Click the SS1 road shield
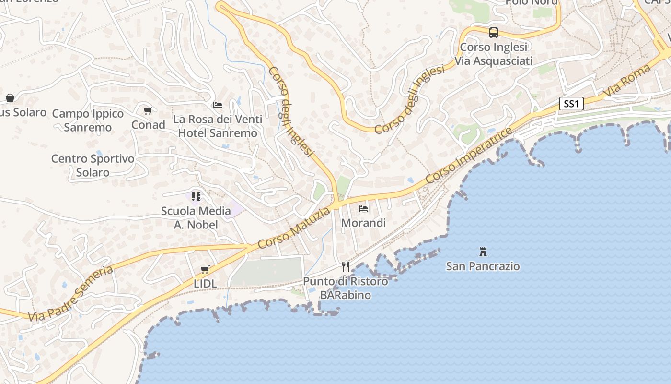click(x=571, y=104)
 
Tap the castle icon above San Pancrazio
click(x=483, y=252)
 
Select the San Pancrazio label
click(x=483, y=266)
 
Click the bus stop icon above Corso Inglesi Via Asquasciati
click(x=494, y=33)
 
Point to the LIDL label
click(x=205, y=284)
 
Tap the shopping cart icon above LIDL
click(x=205, y=270)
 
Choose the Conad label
click(x=149, y=125)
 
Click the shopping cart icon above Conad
click(x=148, y=111)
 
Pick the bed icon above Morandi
click(x=363, y=209)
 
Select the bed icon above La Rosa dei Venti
click(x=218, y=105)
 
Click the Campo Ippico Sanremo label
click(x=88, y=120)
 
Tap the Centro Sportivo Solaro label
click(x=93, y=165)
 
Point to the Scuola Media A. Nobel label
click(x=196, y=217)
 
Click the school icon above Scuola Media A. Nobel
click(x=196, y=196)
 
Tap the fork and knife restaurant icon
click(x=346, y=267)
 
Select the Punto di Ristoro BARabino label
click(x=346, y=288)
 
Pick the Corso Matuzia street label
click(x=294, y=228)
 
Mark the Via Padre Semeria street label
click(x=70, y=294)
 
